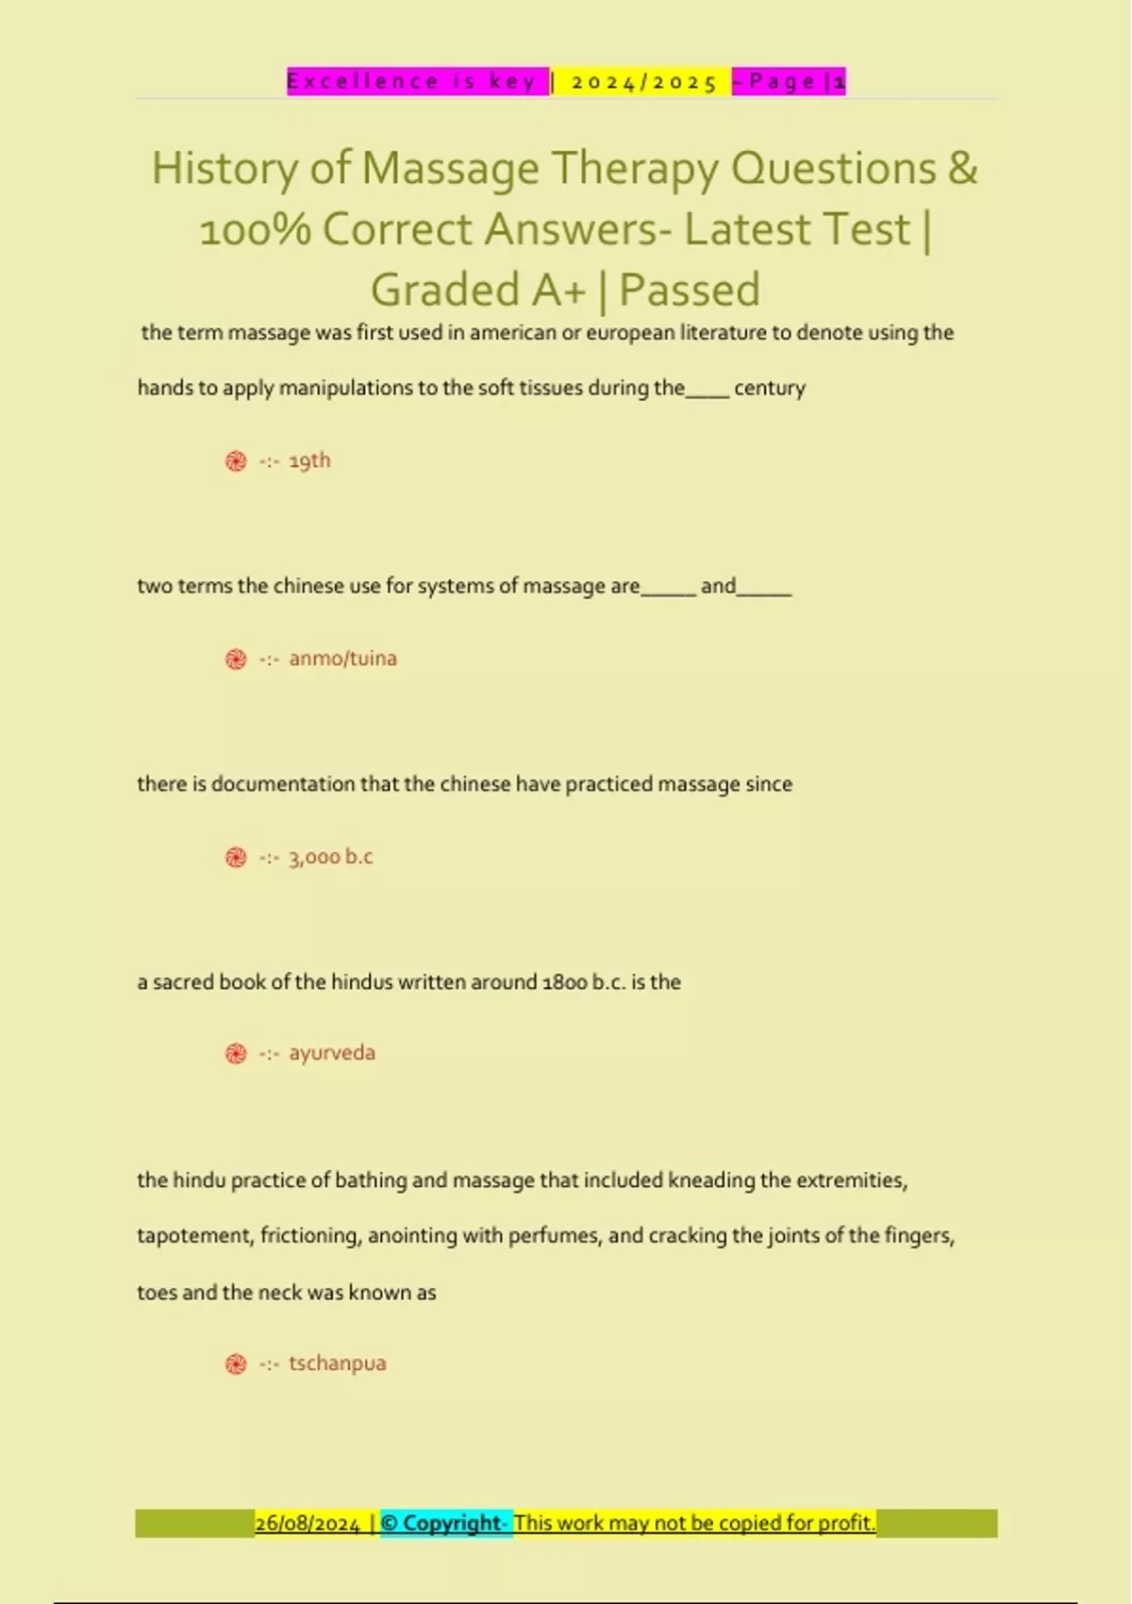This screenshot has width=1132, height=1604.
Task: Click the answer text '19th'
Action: click(309, 460)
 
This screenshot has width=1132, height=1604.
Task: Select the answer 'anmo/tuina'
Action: click(342, 659)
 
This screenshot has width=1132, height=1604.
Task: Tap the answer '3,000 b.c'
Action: click(330, 857)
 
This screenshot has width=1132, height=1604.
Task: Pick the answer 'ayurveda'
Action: click(332, 1053)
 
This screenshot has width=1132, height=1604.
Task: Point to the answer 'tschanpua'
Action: click(337, 1363)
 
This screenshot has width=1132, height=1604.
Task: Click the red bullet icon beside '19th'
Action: click(236, 461)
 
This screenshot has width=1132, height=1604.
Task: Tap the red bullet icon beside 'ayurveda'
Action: click(236, 1054)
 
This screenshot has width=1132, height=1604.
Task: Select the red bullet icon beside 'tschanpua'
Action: click(236, 1364)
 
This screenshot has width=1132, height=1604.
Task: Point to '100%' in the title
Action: click(255, 230)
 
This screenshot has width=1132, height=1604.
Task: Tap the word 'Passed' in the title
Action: click(690, 291)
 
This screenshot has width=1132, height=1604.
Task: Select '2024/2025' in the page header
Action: click(644, 82)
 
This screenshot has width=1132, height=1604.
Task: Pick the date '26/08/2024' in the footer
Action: click(308, 1523)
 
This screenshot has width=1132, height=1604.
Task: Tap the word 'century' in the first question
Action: click(770, 388)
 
